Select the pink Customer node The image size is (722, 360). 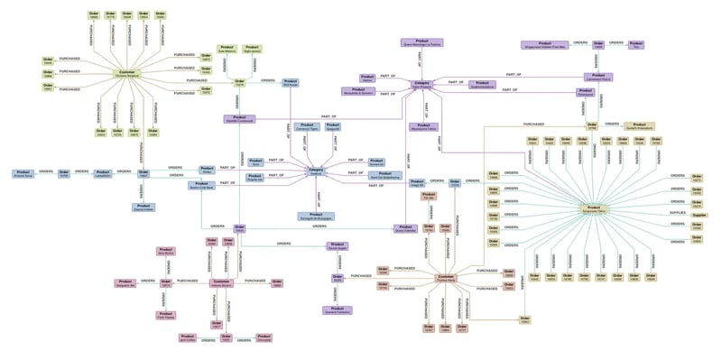coord(222,282)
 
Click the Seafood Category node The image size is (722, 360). coord(316,171)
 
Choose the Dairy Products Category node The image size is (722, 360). coord(422,84)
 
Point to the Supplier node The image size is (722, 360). coord(699,215)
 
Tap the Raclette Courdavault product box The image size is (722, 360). coord(239,118)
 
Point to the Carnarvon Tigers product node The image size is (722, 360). coord(308,128)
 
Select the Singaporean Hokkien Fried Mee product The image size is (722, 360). coord(545,43)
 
